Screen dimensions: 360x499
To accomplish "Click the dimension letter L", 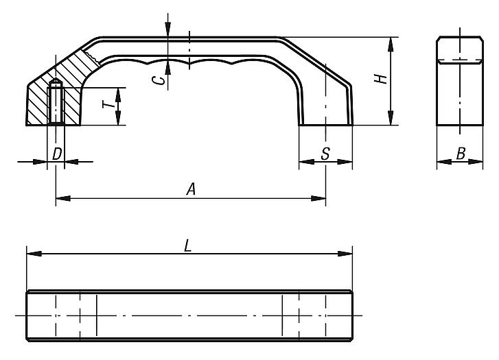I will pyautogui.click(x=187, y=246).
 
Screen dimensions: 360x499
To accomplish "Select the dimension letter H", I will pyautogui.click(x=382, y=78).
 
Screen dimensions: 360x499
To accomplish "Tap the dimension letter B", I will pyautogui.click(x=461, y=154).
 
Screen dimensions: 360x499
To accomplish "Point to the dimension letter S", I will pyautogui.click(x=325, y=155).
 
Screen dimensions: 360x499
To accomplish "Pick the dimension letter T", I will pyautogui.click(x=107, y=105).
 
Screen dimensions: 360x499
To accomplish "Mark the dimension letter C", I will pyautogui.click(x=159, y=80).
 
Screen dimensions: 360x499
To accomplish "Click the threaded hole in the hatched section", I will pyautogui.click(x=56, y=103).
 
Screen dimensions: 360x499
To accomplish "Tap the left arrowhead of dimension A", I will pyautogui.click(x=60, y=199).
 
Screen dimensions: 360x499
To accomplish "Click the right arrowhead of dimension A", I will pyautogui.click(x=320, y=199).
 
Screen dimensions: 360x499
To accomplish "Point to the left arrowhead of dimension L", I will pyautogui.click(x=32, y=254).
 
